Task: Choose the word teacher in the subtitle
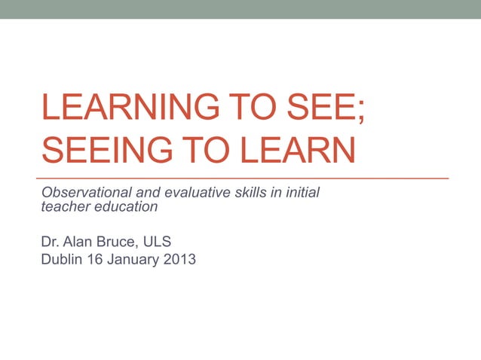pos(63,206)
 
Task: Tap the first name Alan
pos(78,242)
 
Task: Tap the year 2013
pos(179,261)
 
